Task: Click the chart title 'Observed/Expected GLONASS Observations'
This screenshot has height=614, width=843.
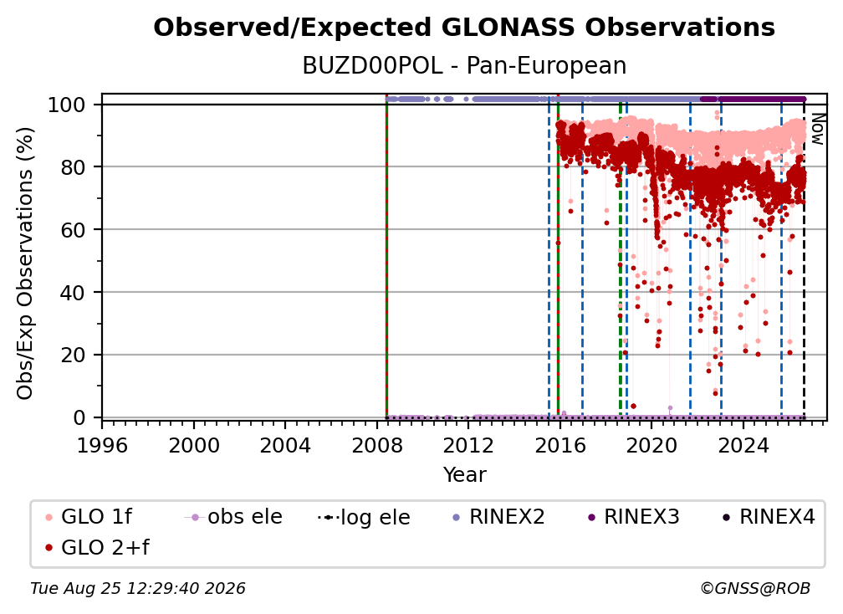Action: click(464, 28)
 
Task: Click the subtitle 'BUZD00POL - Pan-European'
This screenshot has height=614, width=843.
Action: click(464, 65)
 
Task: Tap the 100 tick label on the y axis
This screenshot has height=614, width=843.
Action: click(67, 105)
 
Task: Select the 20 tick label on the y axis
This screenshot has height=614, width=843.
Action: click(72, 355)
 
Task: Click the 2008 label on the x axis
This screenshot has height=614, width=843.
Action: click(377, 446)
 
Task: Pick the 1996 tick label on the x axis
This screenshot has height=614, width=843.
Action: click(102, 446)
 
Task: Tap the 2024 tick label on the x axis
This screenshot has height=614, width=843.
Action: click(743, 446)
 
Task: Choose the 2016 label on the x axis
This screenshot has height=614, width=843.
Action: click(559, 446)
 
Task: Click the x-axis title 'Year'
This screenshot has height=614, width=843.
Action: click(464, 475)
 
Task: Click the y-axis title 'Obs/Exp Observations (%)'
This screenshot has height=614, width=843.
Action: click(25, 264)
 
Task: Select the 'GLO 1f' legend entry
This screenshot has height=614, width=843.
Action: click(88, 517)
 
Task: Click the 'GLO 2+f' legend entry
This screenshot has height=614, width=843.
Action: click(97, 547)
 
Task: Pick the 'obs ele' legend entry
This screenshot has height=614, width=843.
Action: click(233, 517)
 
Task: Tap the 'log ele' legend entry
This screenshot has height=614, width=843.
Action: click(364, 517)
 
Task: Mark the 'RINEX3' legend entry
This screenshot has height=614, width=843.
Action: click(633, 517)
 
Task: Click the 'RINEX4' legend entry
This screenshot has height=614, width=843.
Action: click(769, 517)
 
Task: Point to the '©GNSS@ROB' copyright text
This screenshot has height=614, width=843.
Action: click(755, 588)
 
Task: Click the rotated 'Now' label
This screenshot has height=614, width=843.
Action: click(817, 129)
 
